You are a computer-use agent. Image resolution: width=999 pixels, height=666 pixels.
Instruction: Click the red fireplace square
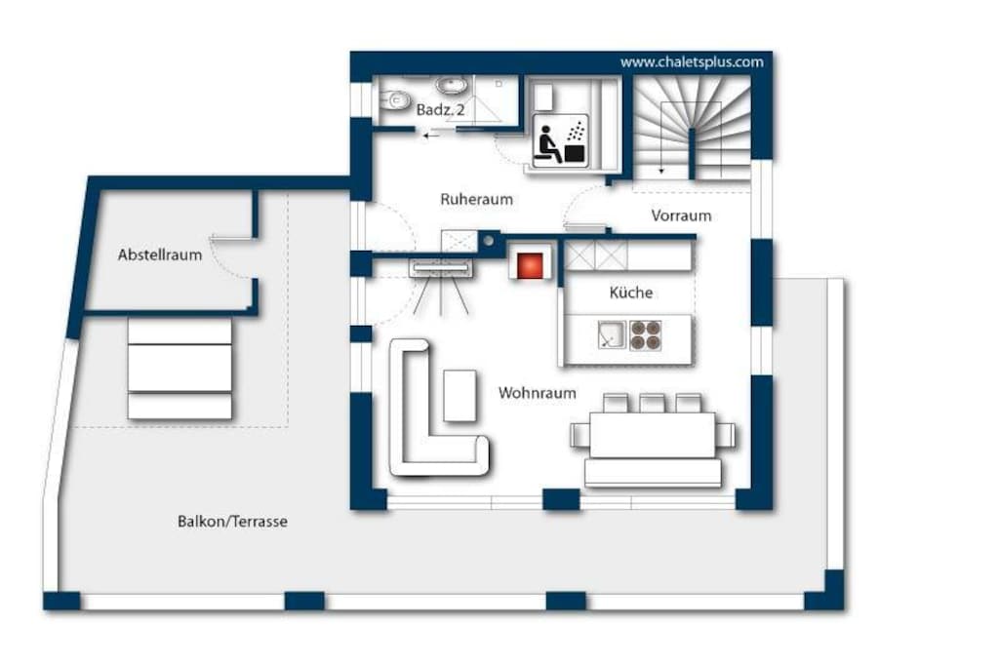click(x=530, y=265)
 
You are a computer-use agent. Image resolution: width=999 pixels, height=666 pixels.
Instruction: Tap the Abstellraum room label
click(x=160, y=255)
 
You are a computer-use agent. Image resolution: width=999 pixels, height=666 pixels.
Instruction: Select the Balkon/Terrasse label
click(x=232, y=522)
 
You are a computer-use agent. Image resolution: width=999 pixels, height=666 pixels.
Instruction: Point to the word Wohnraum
click(x=538, y=393)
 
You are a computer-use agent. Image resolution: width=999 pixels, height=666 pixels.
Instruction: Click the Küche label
click(x=631, y=293)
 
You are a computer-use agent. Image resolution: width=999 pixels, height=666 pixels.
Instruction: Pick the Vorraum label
click(x=681, y=215)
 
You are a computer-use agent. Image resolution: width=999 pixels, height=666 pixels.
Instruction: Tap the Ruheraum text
click(x=476, y=199)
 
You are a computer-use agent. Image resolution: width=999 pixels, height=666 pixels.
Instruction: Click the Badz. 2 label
click(x=440, y=109)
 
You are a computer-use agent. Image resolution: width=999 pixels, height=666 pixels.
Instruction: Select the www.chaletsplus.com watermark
click(x=692, y=62)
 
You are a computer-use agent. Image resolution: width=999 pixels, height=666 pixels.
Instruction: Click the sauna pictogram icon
click(x=560, y=140)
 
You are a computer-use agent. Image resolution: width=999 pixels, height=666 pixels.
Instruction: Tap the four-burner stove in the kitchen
click(x=646, y=335)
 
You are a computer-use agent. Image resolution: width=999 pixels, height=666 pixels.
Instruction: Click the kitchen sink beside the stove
click(x=612, y=334)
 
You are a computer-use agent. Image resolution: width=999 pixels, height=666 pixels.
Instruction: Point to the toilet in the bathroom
click(x=396, y=100)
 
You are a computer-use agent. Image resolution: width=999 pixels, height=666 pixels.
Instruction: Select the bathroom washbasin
click(x=452, y=84)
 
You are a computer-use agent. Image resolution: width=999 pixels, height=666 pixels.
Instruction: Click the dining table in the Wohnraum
click(x=653, y=435)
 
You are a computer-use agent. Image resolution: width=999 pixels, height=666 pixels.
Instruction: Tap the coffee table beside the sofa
click(x=460, y=395)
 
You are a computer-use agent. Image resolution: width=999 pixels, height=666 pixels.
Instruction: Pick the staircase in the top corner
click(x=692, y=130)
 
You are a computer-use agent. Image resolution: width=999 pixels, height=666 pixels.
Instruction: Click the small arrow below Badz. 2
click(x=431, y=135)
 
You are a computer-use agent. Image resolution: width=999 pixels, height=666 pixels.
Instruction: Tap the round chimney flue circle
click(x=488, y=241)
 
